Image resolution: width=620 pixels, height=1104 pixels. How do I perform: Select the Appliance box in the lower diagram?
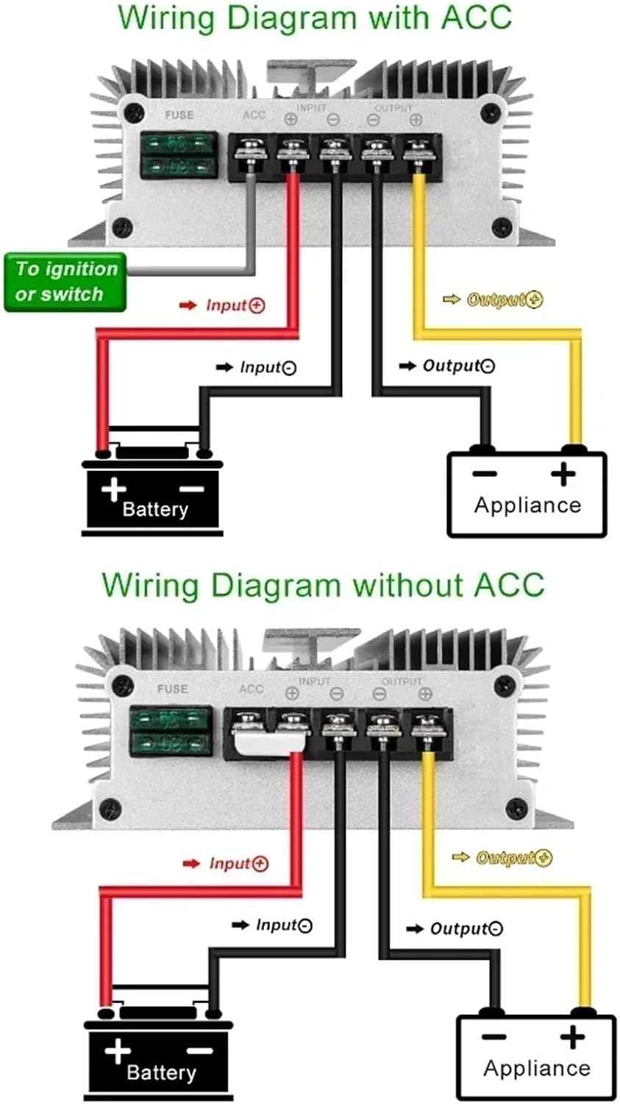536,1058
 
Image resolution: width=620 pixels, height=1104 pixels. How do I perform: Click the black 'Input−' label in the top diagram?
267,367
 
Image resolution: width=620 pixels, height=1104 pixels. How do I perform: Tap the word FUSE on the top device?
179,115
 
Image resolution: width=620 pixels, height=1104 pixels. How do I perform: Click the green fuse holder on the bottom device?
171,731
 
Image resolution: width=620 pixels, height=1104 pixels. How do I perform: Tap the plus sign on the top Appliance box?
563,474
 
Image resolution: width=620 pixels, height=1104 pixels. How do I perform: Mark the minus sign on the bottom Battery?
201,1050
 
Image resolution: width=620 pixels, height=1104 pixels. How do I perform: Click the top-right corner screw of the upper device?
491,113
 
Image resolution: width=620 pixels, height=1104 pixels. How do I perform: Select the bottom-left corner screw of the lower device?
110,807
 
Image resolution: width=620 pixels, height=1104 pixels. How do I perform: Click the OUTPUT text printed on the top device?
393,107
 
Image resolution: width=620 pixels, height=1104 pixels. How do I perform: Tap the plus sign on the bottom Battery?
118,1050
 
